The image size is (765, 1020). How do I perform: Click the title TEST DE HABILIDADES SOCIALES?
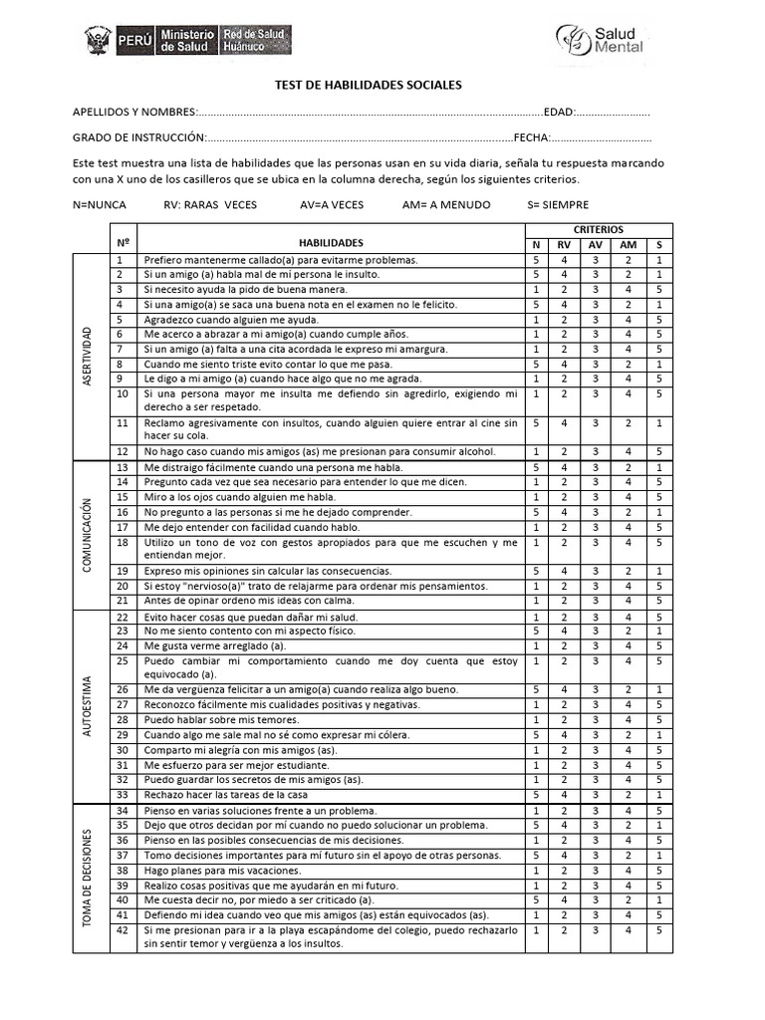coord(368,86)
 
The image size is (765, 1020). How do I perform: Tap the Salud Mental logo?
coord(600,39)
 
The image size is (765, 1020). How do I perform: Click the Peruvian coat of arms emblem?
coord(98,40)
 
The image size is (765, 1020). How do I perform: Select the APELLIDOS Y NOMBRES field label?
coord(134,112)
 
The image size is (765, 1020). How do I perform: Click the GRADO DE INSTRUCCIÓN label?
coord(139,137)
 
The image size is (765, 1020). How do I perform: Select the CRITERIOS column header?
coord(599,229)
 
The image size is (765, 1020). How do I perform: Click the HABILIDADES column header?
coord(331,242)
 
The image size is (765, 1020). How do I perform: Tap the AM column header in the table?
coord(628,245)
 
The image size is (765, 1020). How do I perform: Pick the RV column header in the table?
coord(564,245)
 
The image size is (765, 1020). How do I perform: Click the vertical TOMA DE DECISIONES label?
coord(88,877)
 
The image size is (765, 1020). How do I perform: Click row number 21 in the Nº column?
coord(123,601)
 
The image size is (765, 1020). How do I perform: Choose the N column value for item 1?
coord(536,260)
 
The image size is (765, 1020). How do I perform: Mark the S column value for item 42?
coord(659,930)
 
